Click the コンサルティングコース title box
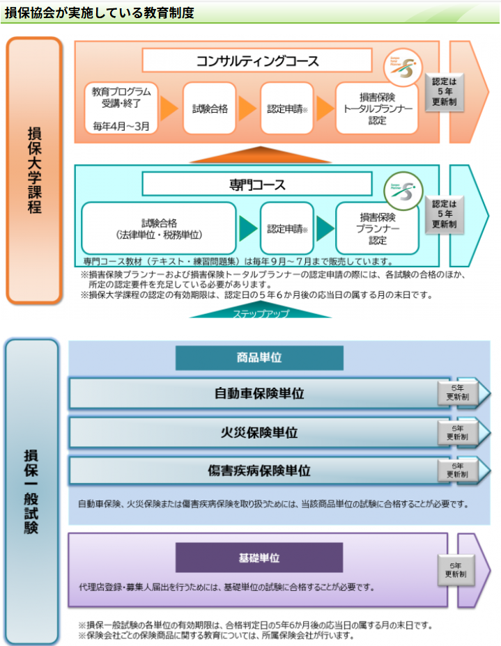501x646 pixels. point(257,61)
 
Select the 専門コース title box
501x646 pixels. point(257,184)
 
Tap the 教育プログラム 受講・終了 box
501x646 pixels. point(121,109)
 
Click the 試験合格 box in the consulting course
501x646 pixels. point(210,109)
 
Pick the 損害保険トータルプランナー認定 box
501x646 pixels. point(377,109)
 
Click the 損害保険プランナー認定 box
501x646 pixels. point(377,228)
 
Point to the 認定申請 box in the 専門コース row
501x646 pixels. point(286,228)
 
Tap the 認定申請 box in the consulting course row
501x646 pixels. point(286,109)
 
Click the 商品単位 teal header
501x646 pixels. point(259,358)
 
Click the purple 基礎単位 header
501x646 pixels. point(259,558)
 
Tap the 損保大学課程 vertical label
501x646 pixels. point(33,170)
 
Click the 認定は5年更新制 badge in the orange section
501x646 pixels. point(444,90)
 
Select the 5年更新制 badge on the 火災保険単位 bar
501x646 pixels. point(457,433)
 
